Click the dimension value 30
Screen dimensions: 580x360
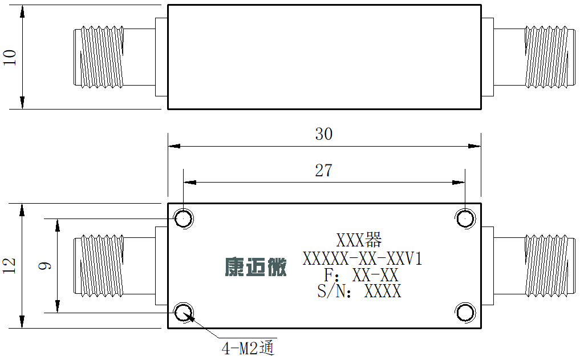[324, 134]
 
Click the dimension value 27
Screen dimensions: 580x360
[324, 171]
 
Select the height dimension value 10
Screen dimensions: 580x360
[10, 58]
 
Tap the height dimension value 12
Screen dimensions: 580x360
[10, 266]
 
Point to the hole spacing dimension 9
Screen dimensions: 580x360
[45, 266]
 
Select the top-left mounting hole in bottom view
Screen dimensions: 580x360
[184, 219]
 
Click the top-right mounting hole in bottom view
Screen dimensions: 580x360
[465, 219]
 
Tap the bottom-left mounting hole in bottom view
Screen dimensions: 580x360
[184, 313]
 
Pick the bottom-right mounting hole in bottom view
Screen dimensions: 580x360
[465, 313]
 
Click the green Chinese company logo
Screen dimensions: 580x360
[255, 267]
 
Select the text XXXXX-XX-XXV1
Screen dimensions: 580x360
[362, 258]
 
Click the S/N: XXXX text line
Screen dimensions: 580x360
[359, 291]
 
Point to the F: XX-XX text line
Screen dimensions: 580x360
[361, 275]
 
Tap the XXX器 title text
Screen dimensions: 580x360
[359, 240]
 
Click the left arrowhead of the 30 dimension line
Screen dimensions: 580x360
[174, 146]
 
